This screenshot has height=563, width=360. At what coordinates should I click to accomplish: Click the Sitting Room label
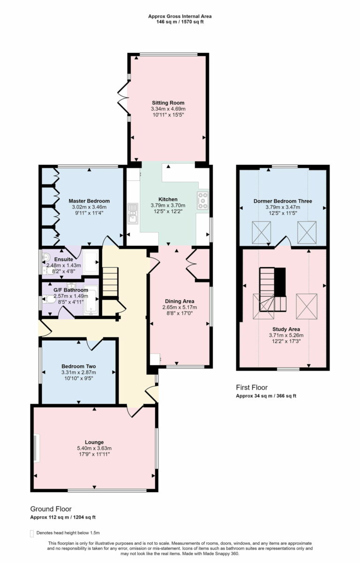click(168, 103)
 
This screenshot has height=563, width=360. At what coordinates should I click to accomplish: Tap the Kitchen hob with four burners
click(203, 200)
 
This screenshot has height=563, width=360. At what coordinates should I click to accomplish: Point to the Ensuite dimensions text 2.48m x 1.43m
click(63, 265)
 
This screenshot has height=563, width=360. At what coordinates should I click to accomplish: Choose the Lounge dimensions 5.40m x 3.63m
click(94, 448)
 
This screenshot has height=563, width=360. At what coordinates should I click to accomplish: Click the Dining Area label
click(180, 301)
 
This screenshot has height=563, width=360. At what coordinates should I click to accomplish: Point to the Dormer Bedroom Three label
click(283, 201)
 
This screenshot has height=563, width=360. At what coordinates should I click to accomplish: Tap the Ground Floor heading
click(51, 509)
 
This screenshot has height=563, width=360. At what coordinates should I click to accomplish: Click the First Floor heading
click(252, 387)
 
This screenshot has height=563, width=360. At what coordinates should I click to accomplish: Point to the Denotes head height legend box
click(32, 533)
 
